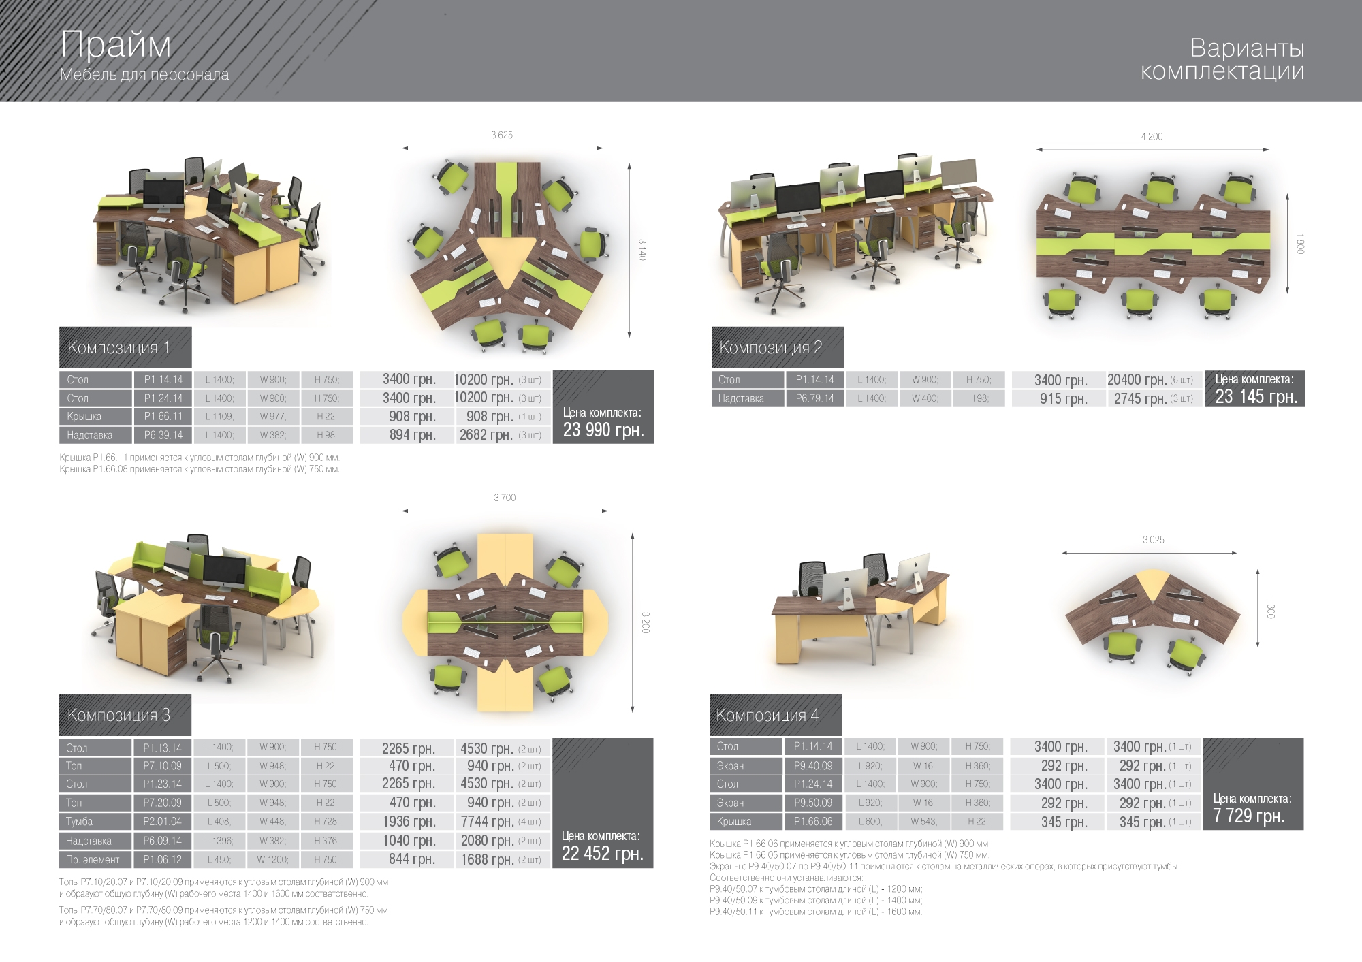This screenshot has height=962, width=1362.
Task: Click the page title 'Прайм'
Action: click(116, 45)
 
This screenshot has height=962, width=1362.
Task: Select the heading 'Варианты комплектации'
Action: click(1222, 59)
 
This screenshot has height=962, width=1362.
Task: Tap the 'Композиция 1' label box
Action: click(125, 347)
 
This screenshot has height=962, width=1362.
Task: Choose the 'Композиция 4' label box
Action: click(776, 715)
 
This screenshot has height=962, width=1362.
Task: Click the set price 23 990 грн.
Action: click(603, 430)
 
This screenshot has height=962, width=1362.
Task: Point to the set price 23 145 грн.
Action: click(1256, 396)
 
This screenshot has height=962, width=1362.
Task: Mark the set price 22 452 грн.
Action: click(602, 854)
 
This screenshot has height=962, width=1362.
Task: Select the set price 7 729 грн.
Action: click(1249, 816)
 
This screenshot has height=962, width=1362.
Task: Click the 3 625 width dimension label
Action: click(502, 135)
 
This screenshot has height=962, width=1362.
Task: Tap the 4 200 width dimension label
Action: click(1152, 136)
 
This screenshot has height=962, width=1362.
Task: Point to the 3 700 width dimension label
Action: click(505, 498)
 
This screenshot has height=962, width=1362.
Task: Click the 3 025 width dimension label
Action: click(1154, 540)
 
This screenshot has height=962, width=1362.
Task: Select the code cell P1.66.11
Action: click(163, 417)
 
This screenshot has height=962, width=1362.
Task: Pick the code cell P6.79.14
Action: click(814, 398)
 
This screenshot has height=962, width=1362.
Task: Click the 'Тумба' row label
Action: click(95, 822)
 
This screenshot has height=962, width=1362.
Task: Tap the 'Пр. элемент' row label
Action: click(95, 860)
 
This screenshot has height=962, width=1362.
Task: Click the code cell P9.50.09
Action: click(812, 803)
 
